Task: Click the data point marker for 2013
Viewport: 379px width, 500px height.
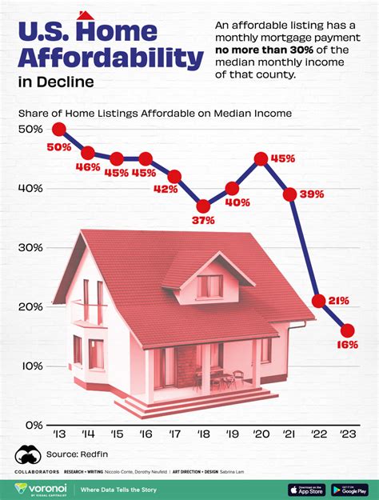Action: point(58,129)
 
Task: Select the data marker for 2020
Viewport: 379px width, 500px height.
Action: point(261,158)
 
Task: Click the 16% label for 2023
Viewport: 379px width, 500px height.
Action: point(346,344)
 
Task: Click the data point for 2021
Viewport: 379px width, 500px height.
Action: point(289,194)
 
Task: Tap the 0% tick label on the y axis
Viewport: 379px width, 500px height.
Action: point(31,425)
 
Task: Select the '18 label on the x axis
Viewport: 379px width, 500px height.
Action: point(203,434)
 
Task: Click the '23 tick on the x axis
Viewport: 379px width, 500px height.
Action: point(347,434)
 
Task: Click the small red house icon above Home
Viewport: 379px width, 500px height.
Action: point(86,16)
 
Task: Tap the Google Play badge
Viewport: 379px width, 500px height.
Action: point(353,489)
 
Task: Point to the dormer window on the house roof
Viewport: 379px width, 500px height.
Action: point(209,286)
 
